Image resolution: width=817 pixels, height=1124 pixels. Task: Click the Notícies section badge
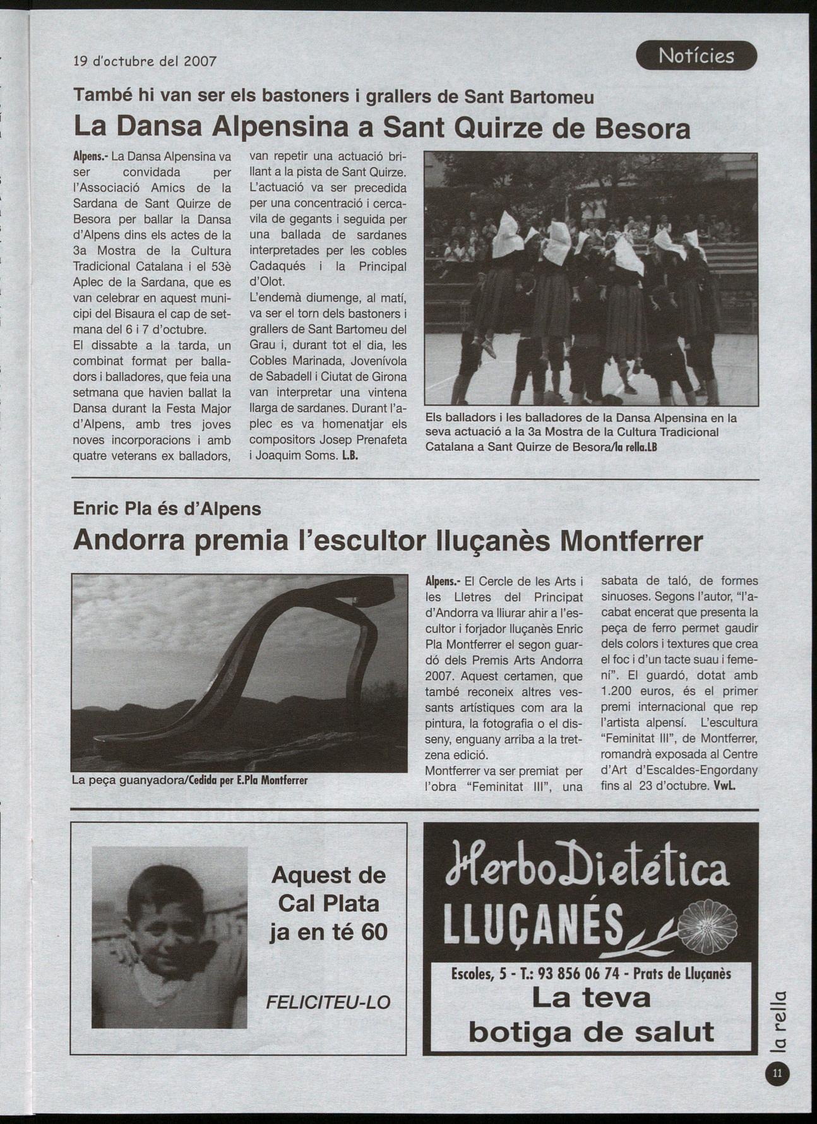click(x=696, y=56)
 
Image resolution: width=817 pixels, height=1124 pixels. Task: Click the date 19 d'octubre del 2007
click(x=145, y=61)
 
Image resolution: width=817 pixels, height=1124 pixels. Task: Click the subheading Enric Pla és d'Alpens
click(x=167, y=508)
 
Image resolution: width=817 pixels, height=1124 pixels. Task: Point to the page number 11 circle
click(x=777, y=1073)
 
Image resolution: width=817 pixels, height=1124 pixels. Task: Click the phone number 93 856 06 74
click(x=578, y=973)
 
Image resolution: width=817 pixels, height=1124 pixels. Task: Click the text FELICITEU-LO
click(x=328, y=1001)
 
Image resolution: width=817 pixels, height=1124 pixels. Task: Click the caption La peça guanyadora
click(x=126, y=780)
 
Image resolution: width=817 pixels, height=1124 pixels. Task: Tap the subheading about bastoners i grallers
click(x=333, y=97)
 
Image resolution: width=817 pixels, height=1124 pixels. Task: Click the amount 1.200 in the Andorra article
click(x=616, y=691)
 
